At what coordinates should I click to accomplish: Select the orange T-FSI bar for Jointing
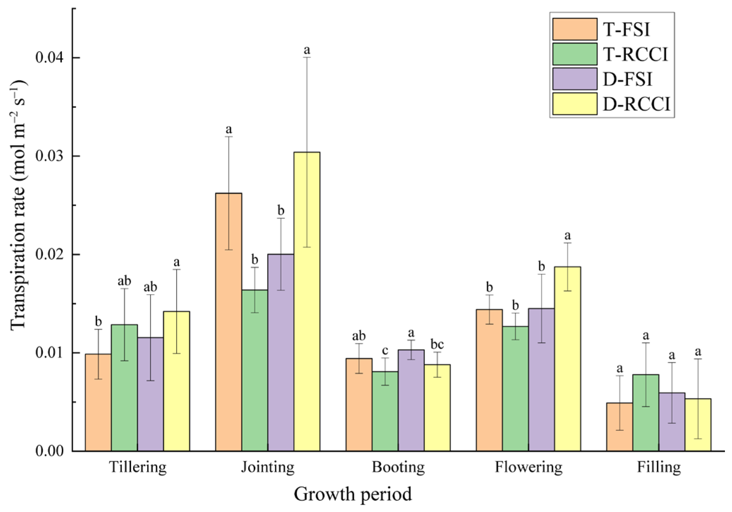[x=228, y=322]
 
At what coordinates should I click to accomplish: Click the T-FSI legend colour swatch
[x=575, y=29]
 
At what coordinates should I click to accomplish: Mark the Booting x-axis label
[x=398, y=467]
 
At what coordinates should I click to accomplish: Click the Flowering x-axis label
[x=528, y=467]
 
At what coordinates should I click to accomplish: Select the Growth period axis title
[x=353, y=494]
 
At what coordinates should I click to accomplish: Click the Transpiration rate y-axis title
[x=18, y=205]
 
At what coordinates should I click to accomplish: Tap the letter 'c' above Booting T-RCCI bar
[x=385, y=350]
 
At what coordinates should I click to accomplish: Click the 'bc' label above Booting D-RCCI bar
[x=437, y=344]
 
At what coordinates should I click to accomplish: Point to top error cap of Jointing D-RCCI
[x=307, y=57]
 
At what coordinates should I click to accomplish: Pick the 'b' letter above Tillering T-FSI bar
[x=98, y=321]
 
